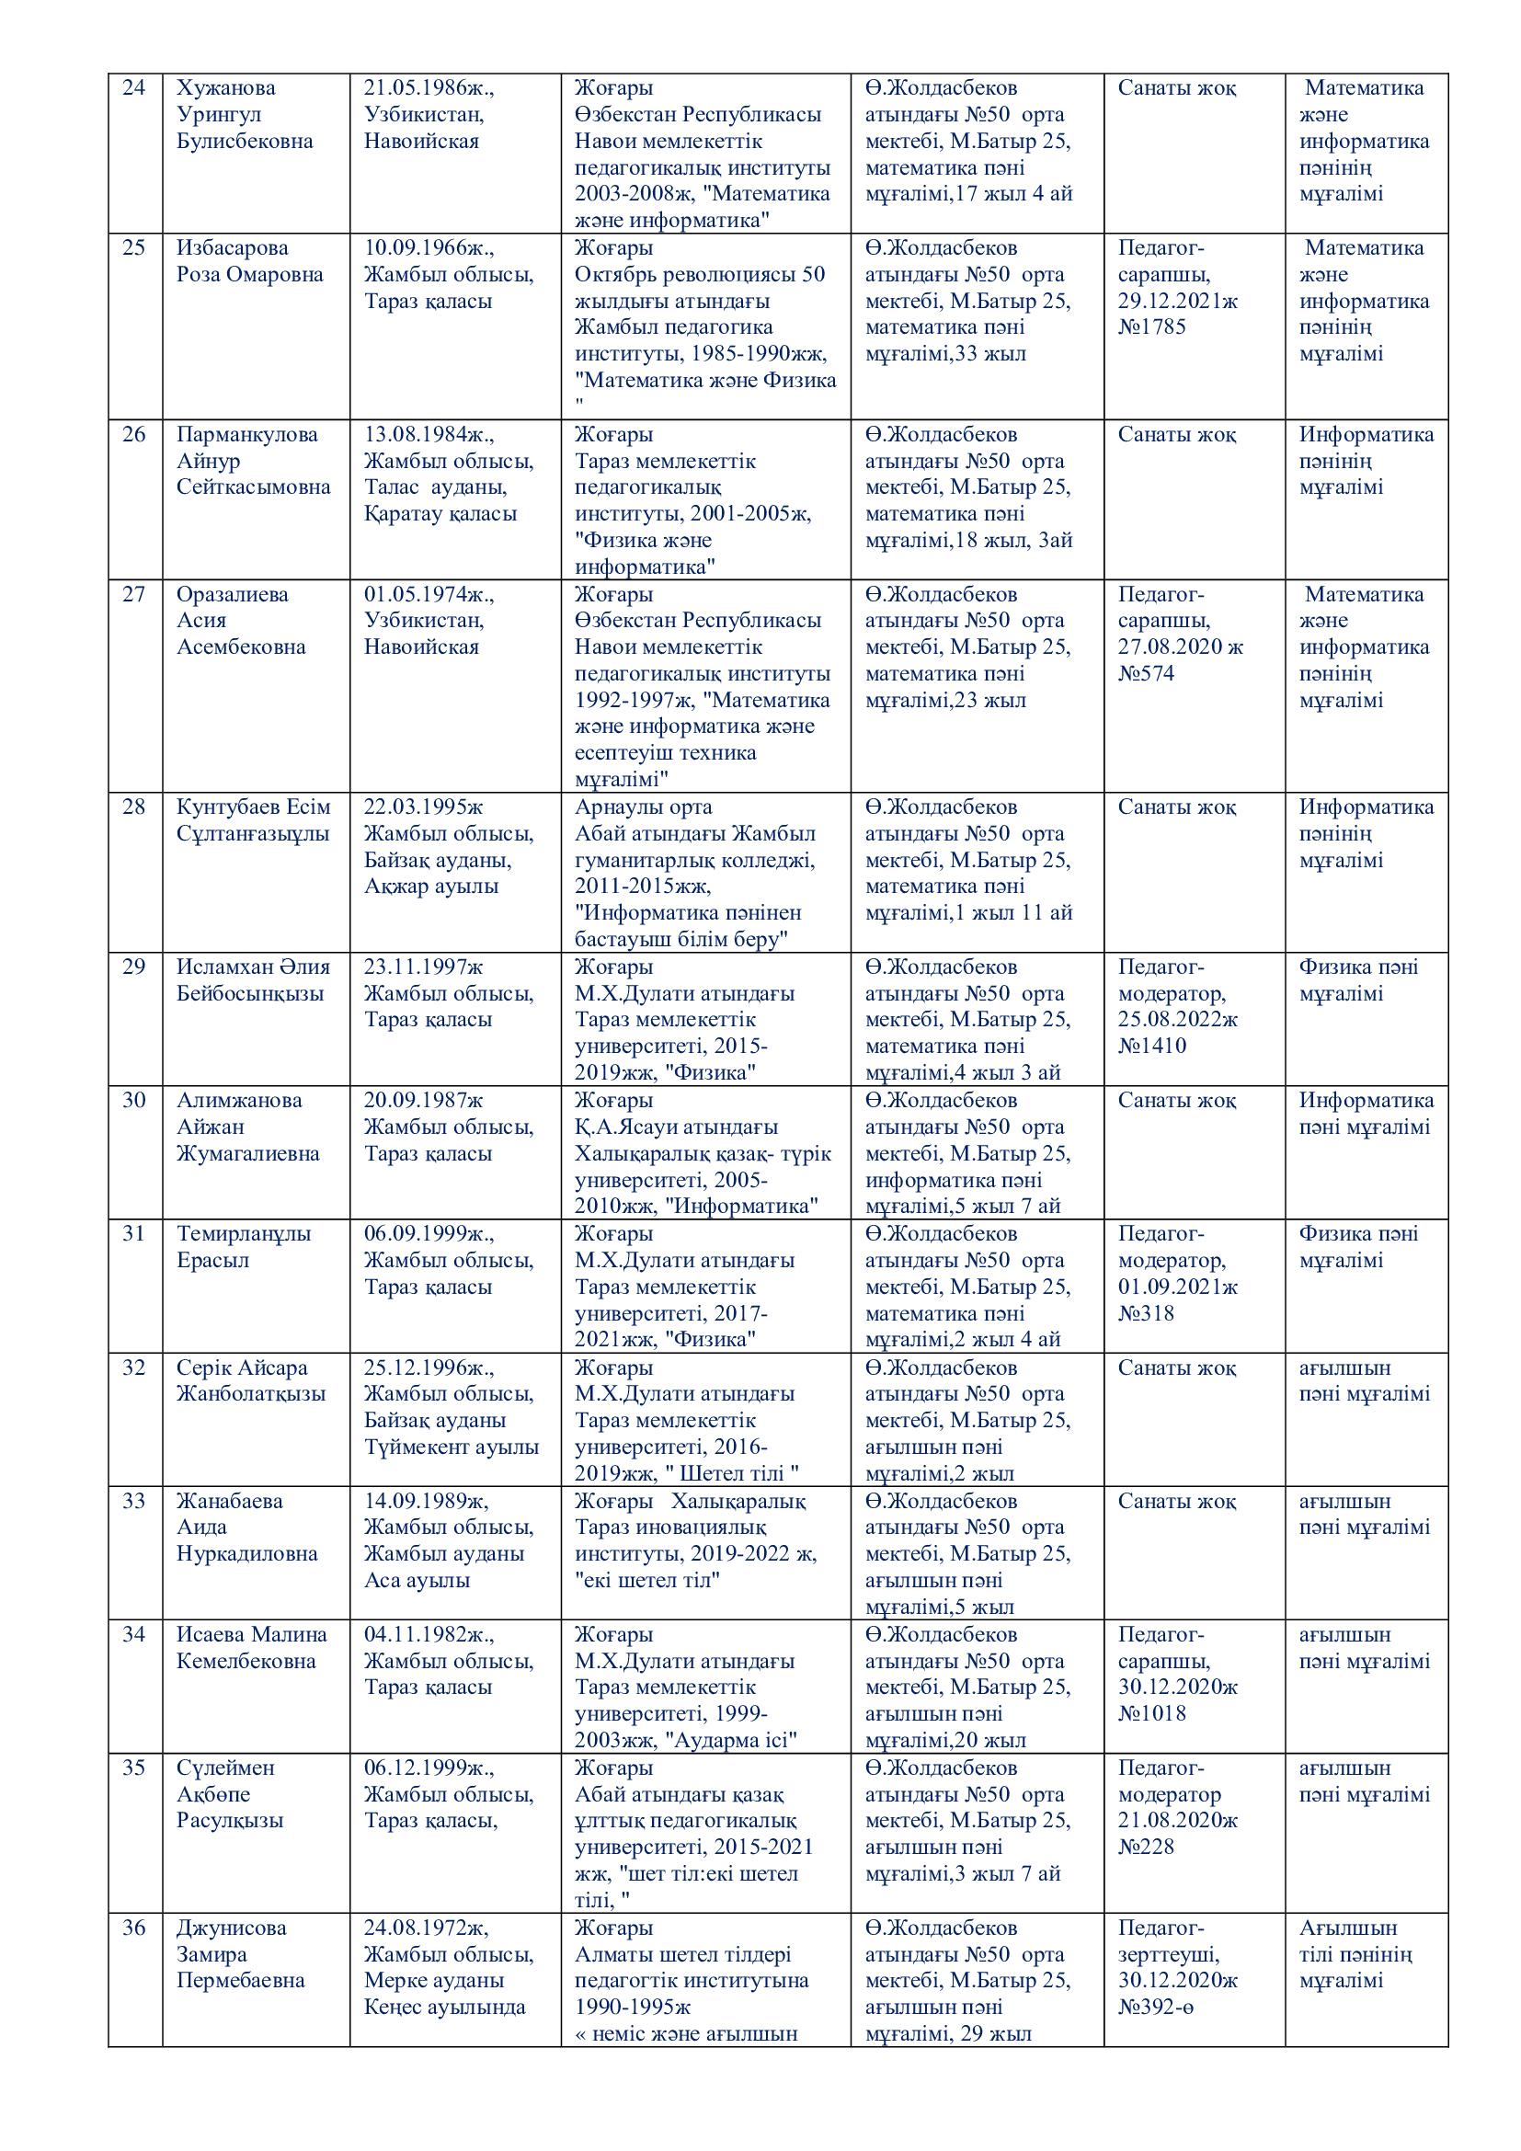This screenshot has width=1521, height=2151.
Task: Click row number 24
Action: pos(134,88)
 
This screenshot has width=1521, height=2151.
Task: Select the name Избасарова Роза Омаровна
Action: pos(249,261)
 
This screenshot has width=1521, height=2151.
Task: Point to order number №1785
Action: pos(1151,327)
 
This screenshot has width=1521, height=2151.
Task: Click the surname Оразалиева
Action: pos(233,594)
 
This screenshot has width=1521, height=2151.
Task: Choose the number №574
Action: pos(1146,673)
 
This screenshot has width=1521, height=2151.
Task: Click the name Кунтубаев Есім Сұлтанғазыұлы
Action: pos(253,819)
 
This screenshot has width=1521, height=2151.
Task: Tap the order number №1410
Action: pos(1151,1047)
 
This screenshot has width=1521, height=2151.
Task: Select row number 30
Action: pos(134,1101)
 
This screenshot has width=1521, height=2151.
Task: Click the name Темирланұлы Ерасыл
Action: pos(244,1247)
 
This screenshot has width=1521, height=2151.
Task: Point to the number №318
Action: pos(1146,1313)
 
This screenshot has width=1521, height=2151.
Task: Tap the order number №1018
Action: pos(1151,1713)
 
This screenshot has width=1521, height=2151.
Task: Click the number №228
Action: pos(1146,1847)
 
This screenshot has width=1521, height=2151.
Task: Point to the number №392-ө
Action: pos(1155,2007)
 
